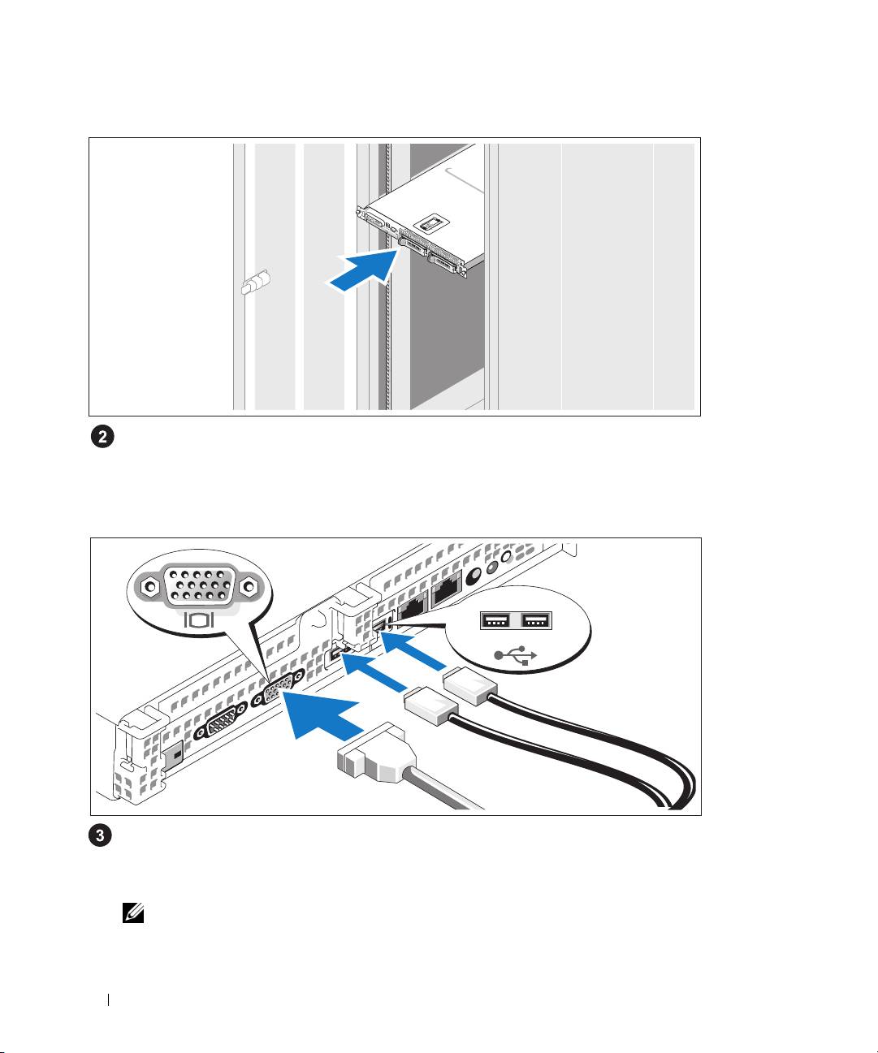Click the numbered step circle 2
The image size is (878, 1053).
(102, 437)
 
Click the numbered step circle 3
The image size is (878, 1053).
(102, 836)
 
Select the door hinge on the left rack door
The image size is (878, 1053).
(256, 285)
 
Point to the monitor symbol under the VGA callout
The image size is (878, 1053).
(199, 621)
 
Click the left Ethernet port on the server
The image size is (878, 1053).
(413, 606)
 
